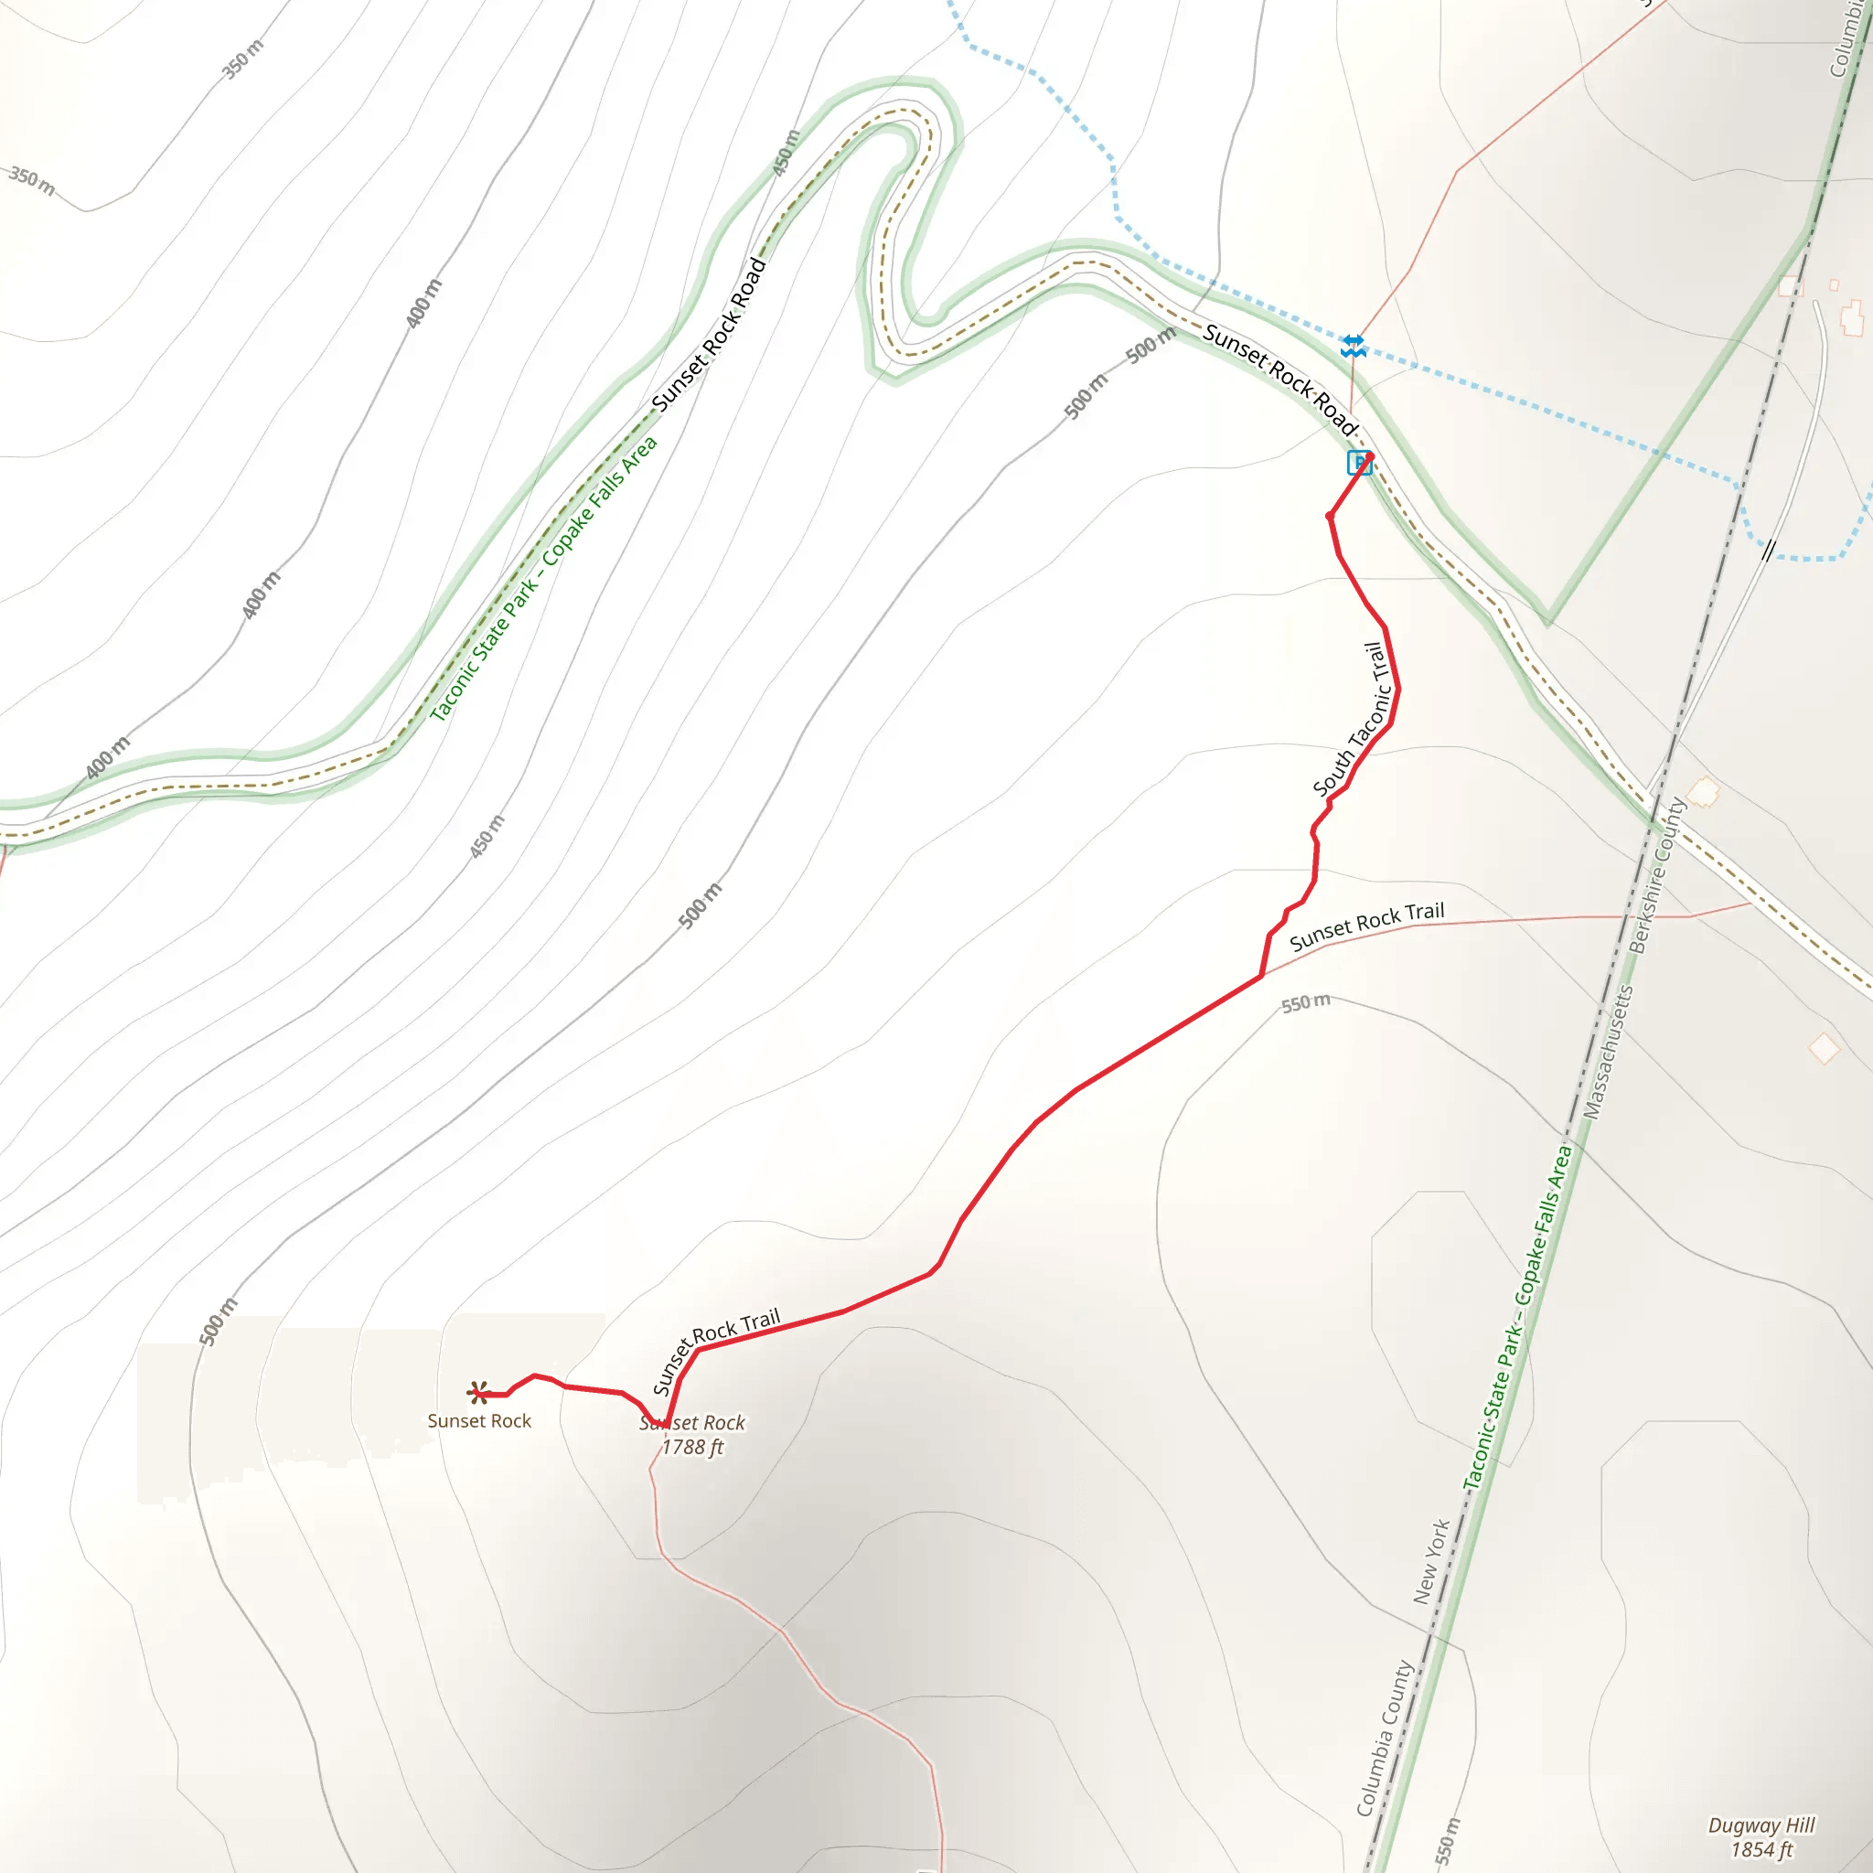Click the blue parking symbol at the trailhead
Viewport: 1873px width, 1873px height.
tap(1359, 464)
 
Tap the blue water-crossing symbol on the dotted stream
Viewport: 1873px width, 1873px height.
tap(1354, 346)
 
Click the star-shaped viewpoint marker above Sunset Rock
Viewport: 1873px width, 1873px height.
tap(478, 1393)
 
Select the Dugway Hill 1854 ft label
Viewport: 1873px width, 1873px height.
tap(1761, 1837)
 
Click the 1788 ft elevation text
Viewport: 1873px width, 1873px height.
tap(692, 1448)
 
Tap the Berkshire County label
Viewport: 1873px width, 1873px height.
tap(1657, 874)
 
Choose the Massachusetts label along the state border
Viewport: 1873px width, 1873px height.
tap(1609, 1052)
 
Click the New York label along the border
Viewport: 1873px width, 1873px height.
tap(1431, 1561)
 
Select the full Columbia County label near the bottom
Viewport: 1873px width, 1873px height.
tap(1385, 1738)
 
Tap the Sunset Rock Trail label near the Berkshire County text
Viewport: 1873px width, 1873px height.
tap(1366, 925)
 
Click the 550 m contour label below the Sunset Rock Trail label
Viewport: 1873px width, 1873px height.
tap(1306, 1002)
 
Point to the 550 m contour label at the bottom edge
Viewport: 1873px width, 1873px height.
tap(1446, 1840)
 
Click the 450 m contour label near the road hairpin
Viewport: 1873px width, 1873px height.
tap(787, 153)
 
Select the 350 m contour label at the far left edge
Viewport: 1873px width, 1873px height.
tap(32, 179)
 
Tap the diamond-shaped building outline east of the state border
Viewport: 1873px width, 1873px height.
tap(1824, 1048)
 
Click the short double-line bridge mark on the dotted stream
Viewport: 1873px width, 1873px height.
tap(1769, 550)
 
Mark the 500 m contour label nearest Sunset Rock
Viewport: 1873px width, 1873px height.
tap(219, 1322)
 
